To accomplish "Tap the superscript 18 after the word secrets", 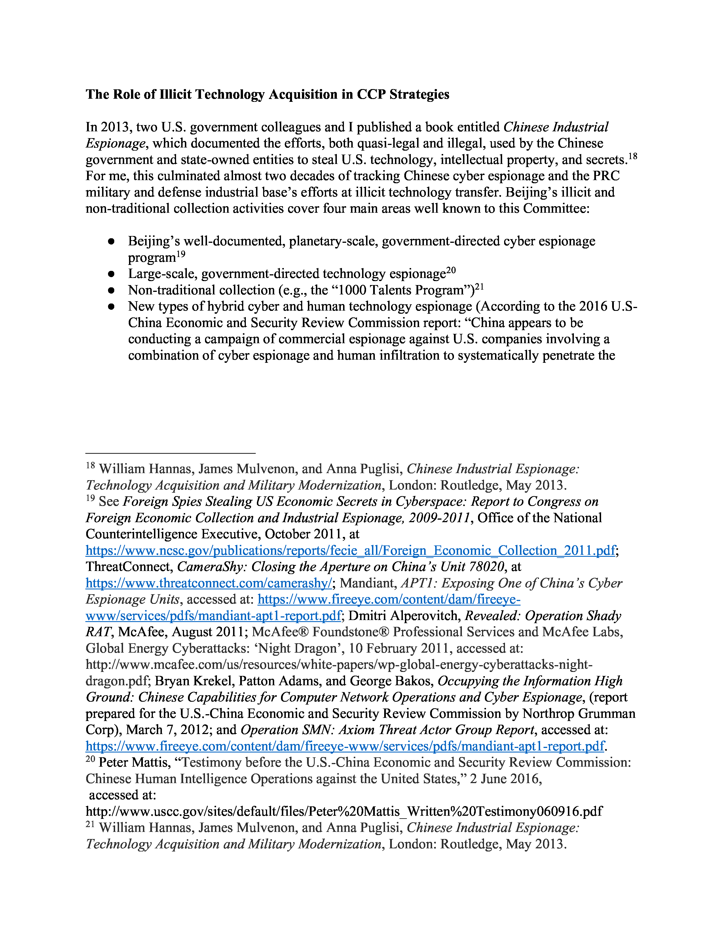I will tap(633, 157).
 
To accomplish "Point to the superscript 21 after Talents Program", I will tap(479, 287).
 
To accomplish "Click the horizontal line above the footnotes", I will tap(170, 453).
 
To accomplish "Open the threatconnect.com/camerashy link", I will tap(209, 583).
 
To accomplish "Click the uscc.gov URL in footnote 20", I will tap(344, 811).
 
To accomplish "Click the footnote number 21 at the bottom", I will tap(90, 824).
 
